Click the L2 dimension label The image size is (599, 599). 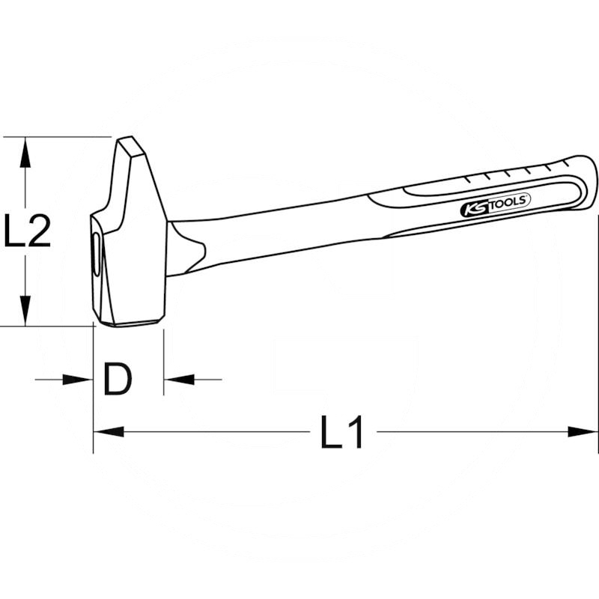(28, 231)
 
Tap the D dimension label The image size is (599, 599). (118, 380)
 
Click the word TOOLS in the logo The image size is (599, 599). (509, 201)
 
